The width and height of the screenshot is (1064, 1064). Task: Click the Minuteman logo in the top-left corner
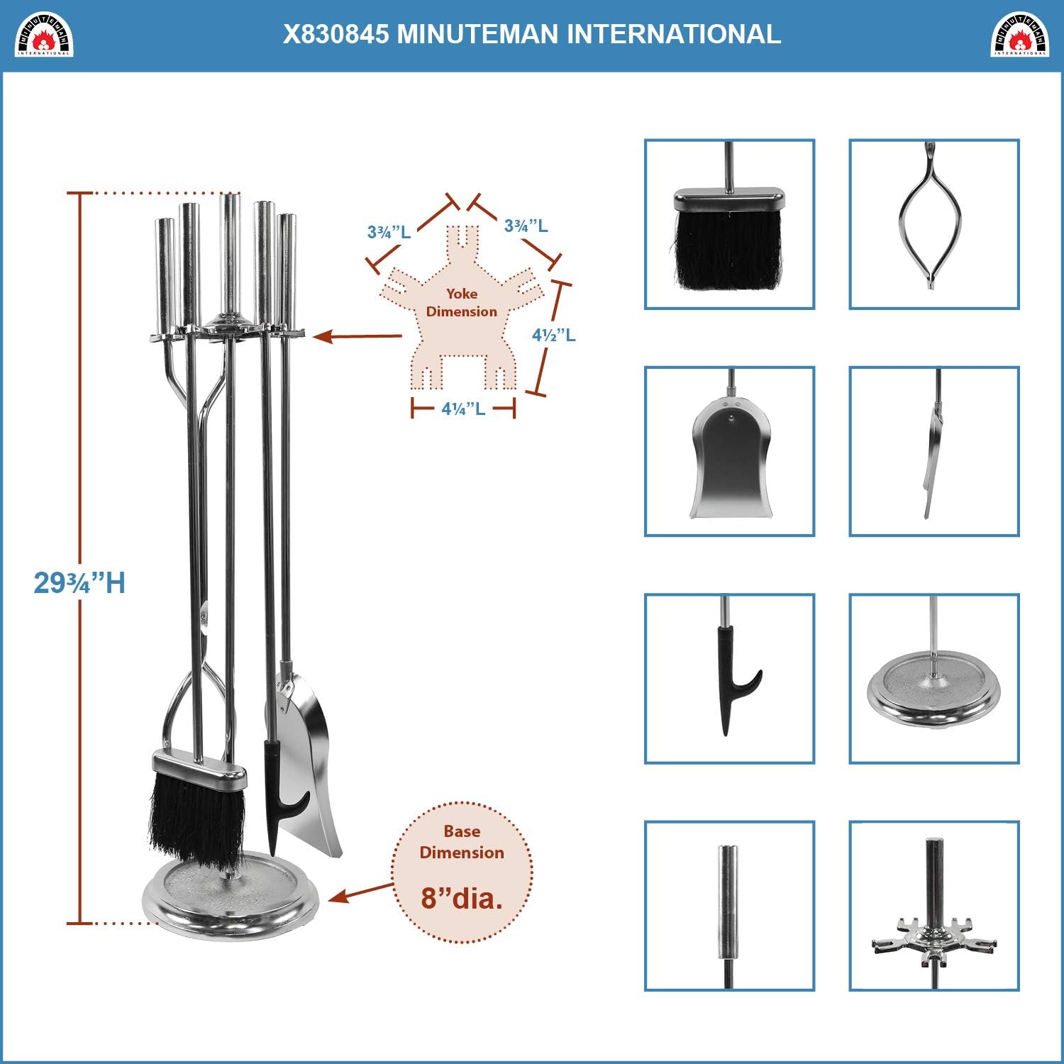point(44,35)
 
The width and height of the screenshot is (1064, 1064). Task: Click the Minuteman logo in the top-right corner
point(1019,35)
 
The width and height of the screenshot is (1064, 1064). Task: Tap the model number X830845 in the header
point(336,34)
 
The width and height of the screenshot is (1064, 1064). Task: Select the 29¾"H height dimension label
point(79,583)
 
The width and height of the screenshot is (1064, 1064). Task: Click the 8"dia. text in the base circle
point(462,899)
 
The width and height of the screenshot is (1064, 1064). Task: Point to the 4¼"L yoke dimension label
point(463,409)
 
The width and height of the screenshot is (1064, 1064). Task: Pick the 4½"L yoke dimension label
point(554,335)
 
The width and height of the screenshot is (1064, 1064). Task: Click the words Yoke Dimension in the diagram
point(462,303)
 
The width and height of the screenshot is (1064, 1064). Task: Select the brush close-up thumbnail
point(729,224)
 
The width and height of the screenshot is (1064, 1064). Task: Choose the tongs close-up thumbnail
point(934,224)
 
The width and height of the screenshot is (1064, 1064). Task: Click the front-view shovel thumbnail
point(729,451)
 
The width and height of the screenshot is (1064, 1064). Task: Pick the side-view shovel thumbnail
point(934,451)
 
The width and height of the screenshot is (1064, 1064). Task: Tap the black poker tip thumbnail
point(729,679)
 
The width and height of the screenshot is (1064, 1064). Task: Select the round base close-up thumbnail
point(934,679)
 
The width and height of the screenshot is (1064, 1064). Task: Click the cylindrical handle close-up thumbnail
point(729,906)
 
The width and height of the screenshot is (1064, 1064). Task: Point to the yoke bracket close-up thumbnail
point(934,906)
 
